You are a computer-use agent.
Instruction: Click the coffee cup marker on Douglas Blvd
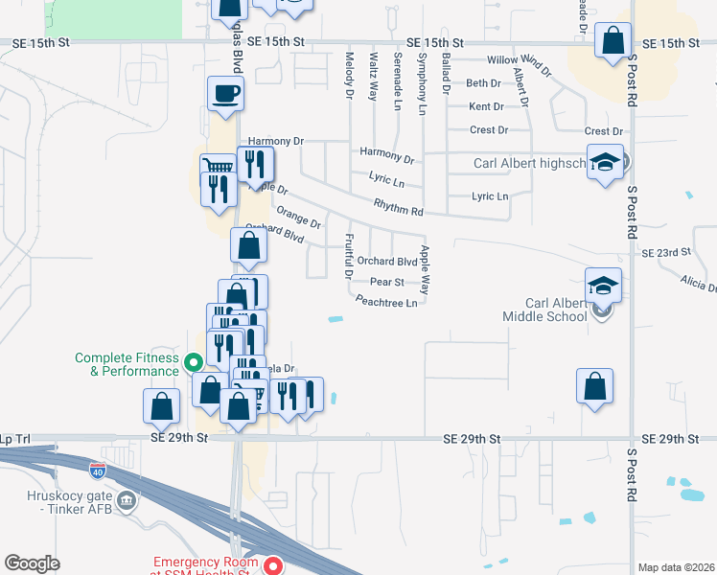click(225, 94)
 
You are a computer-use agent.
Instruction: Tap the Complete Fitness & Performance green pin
click(193, 362)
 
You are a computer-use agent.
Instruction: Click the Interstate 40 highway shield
click(98, 471)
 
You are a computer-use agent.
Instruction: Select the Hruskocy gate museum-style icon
click(126, 499)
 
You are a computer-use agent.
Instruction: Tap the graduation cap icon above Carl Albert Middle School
click(603, 286)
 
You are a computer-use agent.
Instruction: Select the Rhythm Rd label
click(398, 207)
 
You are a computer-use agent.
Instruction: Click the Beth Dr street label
click(484, 83)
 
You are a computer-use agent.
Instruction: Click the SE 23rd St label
click(666, 253)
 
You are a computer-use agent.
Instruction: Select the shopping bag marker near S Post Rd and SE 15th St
click(613, 41)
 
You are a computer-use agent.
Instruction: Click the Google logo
click(32, 563)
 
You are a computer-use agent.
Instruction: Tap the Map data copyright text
click(675, 567)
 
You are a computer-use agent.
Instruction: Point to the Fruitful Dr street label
click(349, 255)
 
